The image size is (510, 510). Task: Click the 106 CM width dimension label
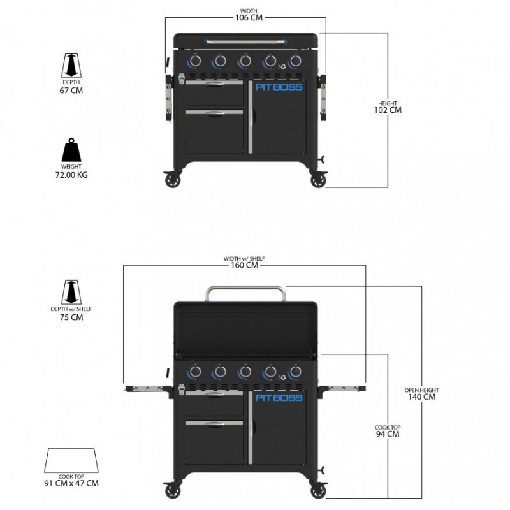tap(244, 17)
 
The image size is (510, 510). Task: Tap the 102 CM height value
tap(388, 110)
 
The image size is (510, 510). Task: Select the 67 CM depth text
tap(71, 90)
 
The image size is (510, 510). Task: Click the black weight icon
tap(71, 150)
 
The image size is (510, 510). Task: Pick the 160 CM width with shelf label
tap(244, 265)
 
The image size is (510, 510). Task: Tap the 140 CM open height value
tap(421, 397)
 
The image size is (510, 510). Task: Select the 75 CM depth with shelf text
tap(71, 317)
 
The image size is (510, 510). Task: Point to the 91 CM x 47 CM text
tap(71, 483)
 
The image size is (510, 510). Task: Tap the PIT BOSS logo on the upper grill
tap(279, 87)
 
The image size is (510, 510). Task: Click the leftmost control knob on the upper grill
tap(195, 61)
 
